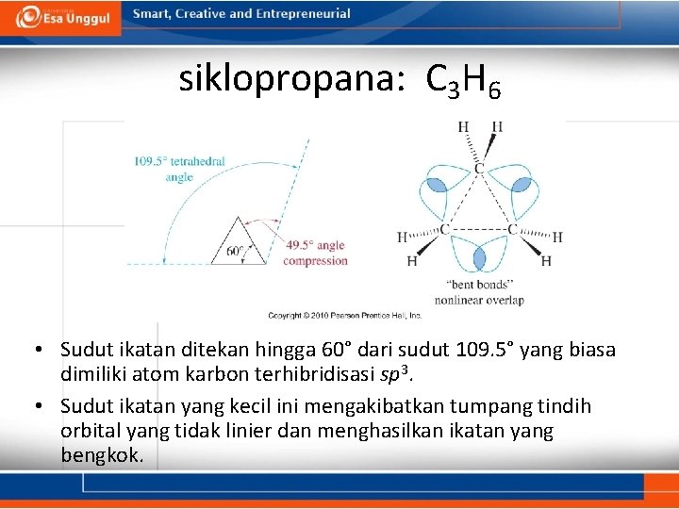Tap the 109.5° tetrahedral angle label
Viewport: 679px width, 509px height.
179,169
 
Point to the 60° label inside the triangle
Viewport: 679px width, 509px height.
236,252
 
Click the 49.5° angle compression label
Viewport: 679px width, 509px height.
315,253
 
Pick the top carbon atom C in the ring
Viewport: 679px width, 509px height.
479,168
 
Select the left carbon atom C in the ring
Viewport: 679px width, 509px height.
442,229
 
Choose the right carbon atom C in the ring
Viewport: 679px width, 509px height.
512,229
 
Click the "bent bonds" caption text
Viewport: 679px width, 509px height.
479,284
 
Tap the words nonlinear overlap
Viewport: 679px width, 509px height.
479,301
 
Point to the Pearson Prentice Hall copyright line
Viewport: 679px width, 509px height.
344,316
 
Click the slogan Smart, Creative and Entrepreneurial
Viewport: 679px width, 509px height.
241,14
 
